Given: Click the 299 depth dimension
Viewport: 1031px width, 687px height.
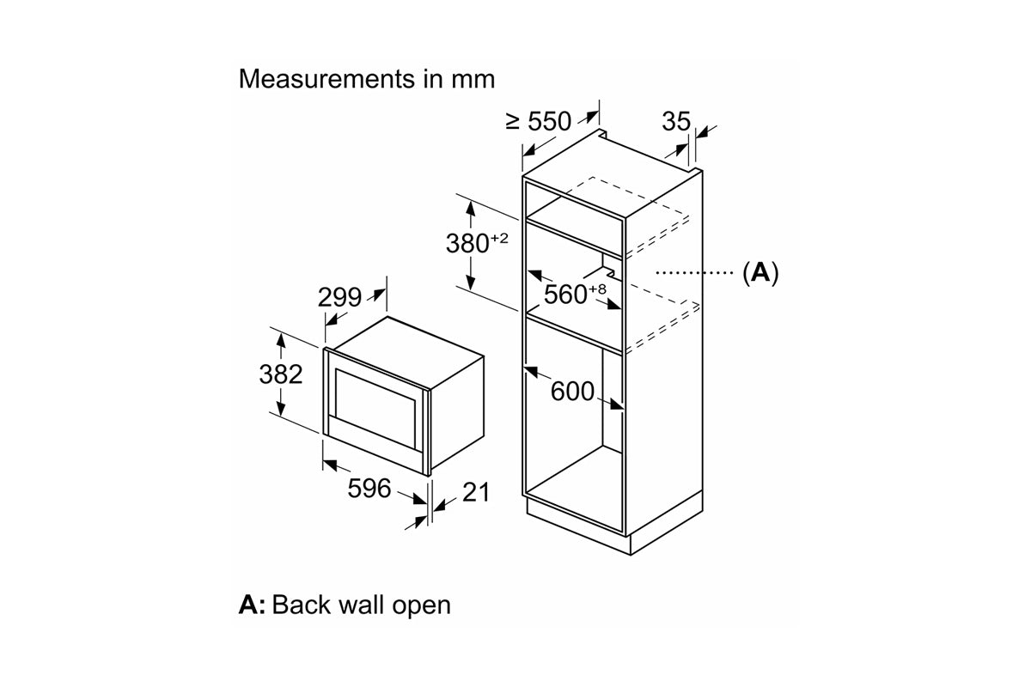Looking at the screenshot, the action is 339,298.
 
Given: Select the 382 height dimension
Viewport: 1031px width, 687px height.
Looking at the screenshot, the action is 281,374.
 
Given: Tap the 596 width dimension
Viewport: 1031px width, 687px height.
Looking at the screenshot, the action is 369,489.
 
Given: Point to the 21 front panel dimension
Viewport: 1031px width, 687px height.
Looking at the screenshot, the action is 476,492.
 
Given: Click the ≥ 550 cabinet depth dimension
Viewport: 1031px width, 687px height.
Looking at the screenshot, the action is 538,121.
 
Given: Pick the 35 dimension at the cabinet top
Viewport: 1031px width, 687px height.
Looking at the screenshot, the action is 676,121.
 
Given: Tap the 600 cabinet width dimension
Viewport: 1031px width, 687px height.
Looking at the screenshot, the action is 572,392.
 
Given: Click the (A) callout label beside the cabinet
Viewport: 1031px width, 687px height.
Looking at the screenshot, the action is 761,273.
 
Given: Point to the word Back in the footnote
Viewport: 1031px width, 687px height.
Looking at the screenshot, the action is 302,605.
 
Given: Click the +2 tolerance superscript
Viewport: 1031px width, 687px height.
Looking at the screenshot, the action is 499,239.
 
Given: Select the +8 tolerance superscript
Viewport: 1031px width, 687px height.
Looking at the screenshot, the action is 597,289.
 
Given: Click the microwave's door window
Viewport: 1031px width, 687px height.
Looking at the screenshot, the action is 375,409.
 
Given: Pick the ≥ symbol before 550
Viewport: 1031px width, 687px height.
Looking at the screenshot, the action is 512,121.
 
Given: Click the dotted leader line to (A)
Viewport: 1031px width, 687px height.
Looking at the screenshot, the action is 694,273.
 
